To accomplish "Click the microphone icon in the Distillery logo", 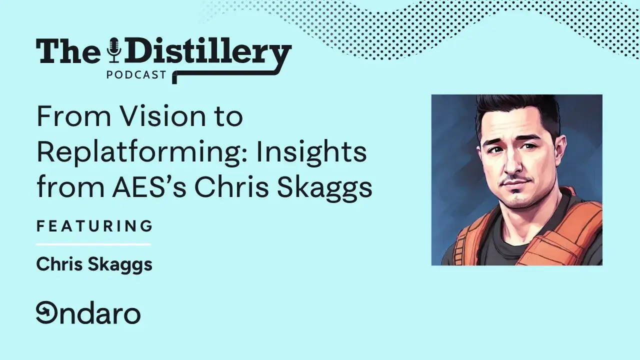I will coord(115,50).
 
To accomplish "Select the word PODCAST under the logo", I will coord(136,75).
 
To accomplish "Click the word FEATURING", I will coord(94,226).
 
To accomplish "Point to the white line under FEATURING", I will coord(93,244).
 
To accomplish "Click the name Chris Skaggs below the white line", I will coord(94,264).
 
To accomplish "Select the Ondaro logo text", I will coord(88,313).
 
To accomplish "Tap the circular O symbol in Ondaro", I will coord(46,313).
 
